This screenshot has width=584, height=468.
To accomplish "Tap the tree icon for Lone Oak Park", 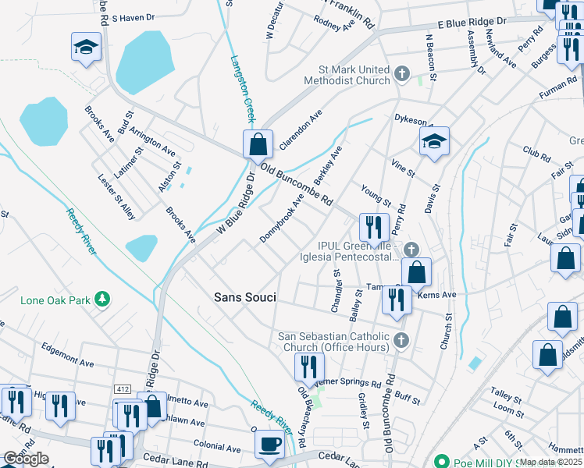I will click(x=101, y=300).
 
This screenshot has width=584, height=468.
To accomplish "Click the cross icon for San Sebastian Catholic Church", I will click(x=401, y=339).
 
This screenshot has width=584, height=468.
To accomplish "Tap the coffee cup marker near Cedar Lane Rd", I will click(x=270, y=444).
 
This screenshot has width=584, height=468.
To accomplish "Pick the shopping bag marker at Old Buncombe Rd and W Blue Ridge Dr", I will click(x=257, y=144).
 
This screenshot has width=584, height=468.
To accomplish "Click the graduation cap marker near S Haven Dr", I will click(x=86, y=48).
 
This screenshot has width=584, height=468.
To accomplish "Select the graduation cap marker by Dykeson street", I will click(x=434, y=141).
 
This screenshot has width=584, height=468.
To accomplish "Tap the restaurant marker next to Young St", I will click(x=374, y=228).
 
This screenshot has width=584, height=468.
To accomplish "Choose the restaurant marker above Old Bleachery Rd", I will click(x=310, y=367).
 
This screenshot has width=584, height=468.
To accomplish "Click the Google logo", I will click(x=26, y=459).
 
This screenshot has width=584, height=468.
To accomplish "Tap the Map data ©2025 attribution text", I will click(x=551, y=462).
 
